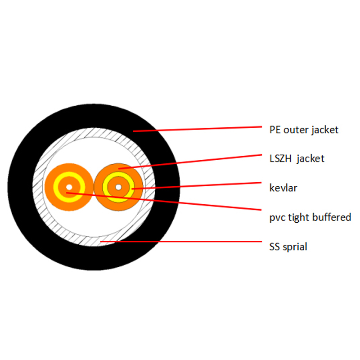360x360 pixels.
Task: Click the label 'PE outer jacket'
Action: pyautogui.click(x=304, y=130)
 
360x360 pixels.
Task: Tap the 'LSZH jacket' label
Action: pyautogui.click(x=297, y=159)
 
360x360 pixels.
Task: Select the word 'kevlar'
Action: pyautogui.click(x=283, y=188)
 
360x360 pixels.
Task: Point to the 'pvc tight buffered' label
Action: pyautogui.click(x=310, y=217)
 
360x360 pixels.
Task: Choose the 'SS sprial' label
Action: pyautogui.click(x=288, y=247)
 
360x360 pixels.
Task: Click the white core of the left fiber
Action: pyautogui.click(x=69, y=187)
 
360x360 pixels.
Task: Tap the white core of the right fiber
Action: pyautogui.click(x=118, y=187)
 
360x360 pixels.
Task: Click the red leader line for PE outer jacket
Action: pyautogui.click(x=198, y=129)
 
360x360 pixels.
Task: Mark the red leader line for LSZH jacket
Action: pyautogui.click(x=190, y=162)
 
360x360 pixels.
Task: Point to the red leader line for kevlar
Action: pyautogui.click(x=197, y=186)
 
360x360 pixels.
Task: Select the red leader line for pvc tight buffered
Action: pyautogui.click(x=164, y=201)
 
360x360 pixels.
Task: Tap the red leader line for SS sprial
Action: pyautogui.click(x=181, y=242)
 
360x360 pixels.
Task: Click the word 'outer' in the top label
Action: pyautogui.click(x=296, y=130)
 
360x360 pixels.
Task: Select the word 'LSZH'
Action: pyautogui.click(x=280, y=159)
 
